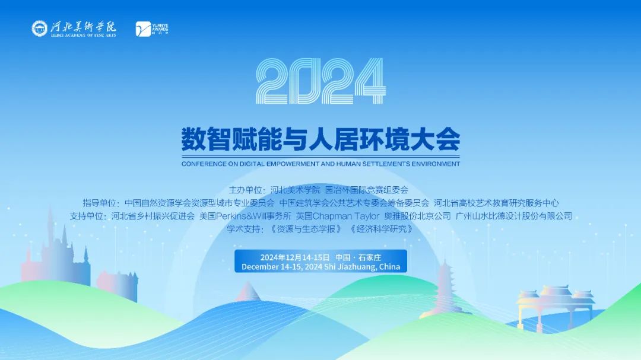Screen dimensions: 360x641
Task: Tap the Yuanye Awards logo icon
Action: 143,28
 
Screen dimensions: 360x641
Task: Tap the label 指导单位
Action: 101,203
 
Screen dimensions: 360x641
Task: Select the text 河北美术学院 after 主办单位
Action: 295,190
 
